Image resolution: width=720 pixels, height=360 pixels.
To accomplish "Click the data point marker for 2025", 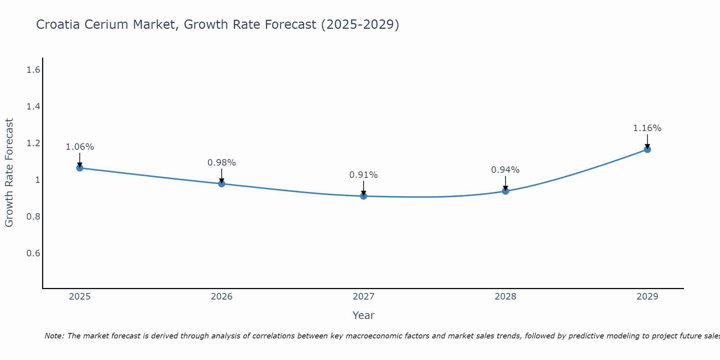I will [80, 168].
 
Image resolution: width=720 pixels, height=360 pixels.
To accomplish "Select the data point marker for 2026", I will [221, 184].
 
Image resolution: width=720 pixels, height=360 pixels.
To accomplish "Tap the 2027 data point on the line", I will [363, 196].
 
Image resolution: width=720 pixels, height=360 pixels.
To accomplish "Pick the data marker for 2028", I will [505, 191].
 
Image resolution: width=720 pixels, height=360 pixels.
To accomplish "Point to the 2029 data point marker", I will [647, 149].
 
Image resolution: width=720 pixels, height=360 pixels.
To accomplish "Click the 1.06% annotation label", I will [80, 147].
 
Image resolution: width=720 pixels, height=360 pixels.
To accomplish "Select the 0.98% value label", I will [221, 163].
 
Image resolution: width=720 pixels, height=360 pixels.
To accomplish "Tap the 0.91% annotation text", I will [363, 175].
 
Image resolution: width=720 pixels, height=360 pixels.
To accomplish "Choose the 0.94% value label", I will [505, 170].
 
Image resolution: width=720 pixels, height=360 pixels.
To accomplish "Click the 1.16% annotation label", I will [647, 128].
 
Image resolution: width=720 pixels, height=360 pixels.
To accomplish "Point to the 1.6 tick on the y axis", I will [33, 70].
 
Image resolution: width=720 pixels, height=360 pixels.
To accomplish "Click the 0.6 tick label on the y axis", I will [33, 253].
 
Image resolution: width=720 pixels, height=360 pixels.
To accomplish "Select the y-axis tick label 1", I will [37, 180].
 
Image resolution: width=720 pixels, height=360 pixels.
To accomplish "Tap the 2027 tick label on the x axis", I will [363, 297].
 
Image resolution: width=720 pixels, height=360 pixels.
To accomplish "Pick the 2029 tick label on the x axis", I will [647, 297].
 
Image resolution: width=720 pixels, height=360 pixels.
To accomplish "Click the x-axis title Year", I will [363, 315].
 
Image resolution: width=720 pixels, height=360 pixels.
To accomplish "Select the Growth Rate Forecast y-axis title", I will [9, 173].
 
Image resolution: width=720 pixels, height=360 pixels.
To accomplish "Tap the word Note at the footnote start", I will [54, 336].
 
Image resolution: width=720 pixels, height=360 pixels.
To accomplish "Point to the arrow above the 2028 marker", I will [505, 183].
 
